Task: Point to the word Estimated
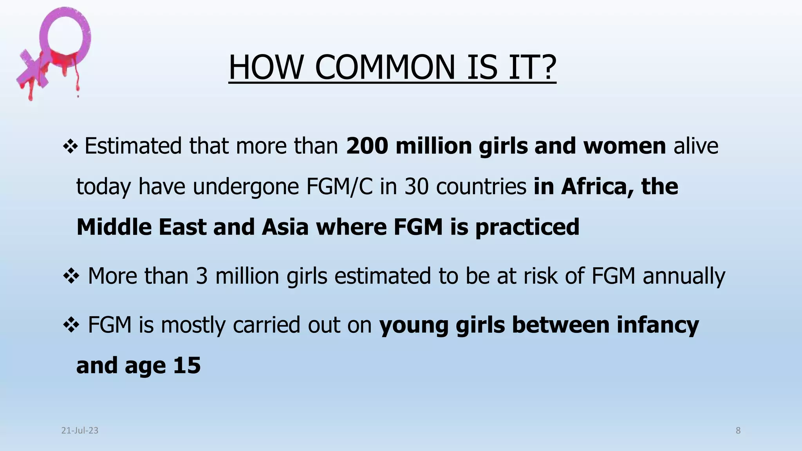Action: click(133, 146)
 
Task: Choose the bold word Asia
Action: click(285, 227)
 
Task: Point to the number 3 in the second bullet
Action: click(202, 276)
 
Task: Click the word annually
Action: click(684, 276)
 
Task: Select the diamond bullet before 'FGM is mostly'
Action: click(71, 325)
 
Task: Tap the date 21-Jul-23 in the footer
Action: click(80, 431)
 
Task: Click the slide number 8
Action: click(738, 431)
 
